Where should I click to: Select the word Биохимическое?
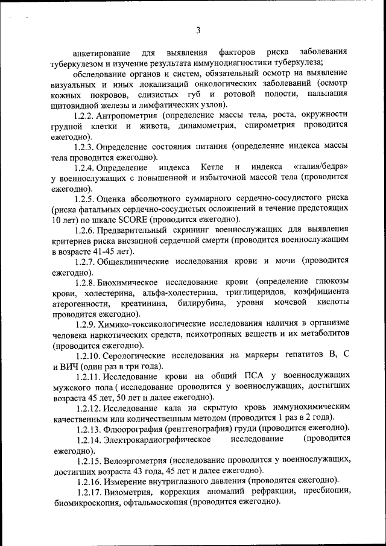[133, 282]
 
